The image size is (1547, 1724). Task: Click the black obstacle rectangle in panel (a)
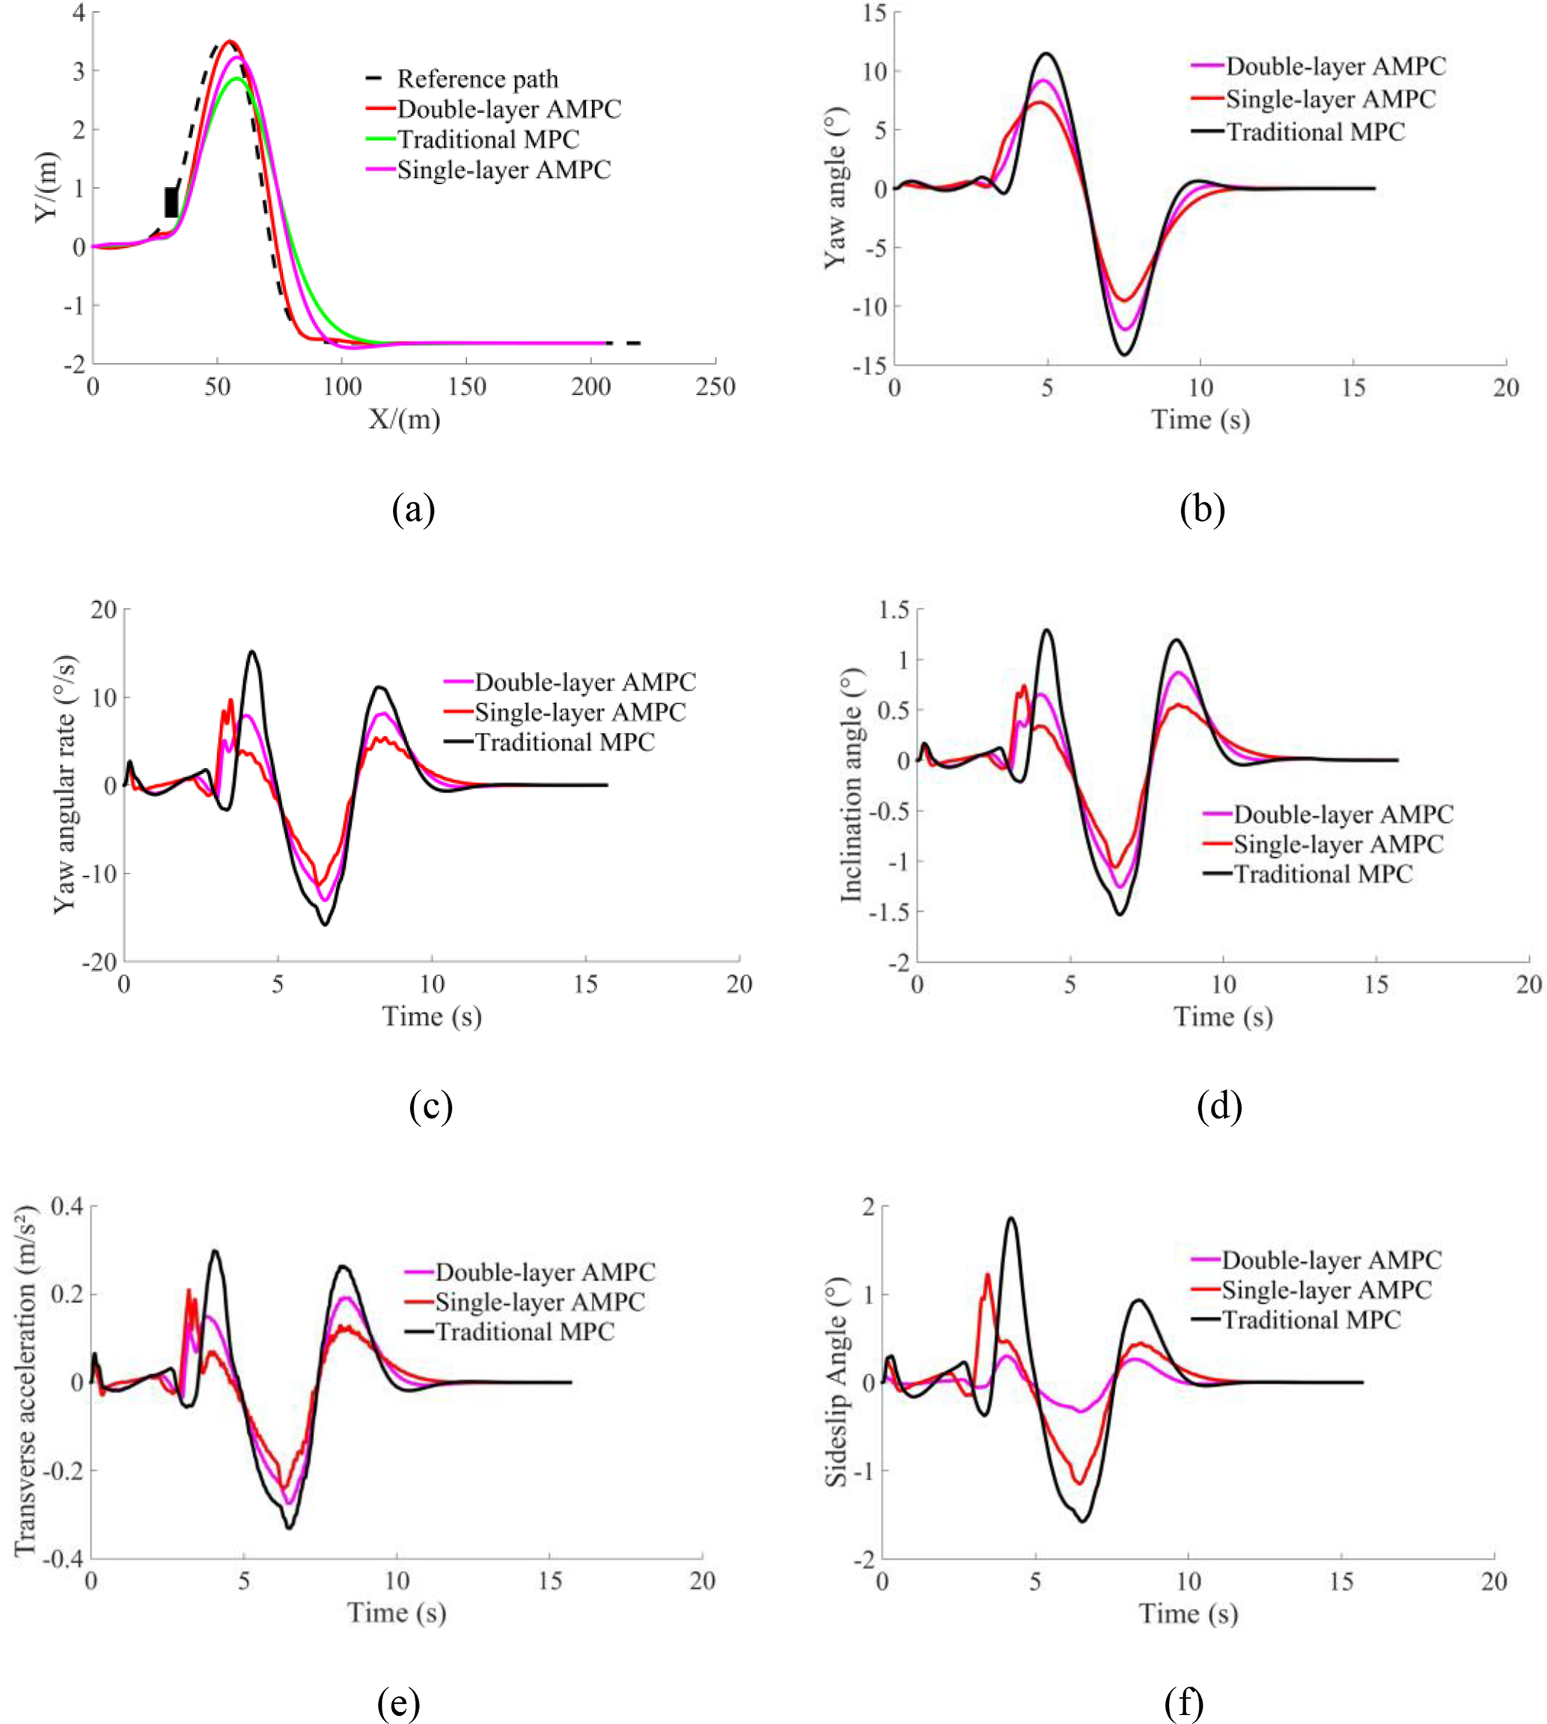coord(171,202)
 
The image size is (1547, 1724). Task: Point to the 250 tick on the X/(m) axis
coord(715,388)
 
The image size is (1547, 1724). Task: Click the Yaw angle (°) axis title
coord(837,204)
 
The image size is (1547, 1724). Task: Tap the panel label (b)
coord(1202,509)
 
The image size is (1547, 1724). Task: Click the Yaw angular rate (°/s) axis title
coord(65,784)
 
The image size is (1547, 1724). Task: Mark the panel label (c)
coord(430,1107)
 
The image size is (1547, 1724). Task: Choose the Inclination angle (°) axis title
coord(852,785)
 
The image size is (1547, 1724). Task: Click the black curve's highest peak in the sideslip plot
coord(1010,1218)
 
